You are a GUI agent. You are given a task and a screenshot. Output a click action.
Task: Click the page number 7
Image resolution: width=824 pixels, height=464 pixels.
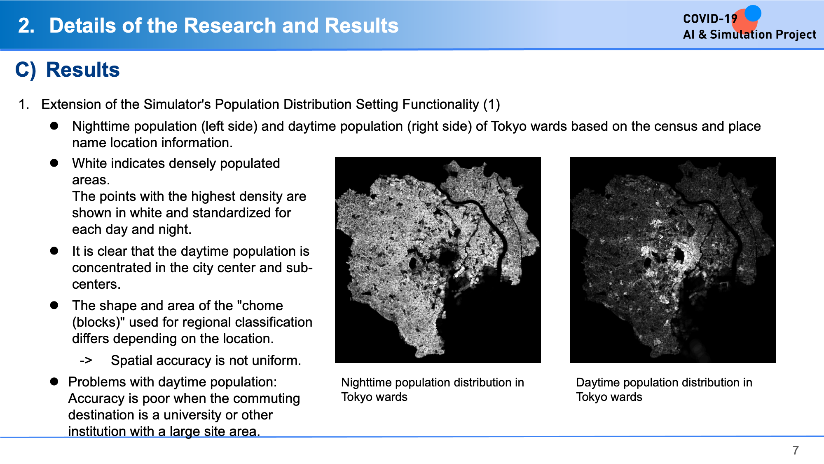click(x=796, y=450)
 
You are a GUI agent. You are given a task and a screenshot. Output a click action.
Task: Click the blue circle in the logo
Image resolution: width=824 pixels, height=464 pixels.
click(x=753, y=13)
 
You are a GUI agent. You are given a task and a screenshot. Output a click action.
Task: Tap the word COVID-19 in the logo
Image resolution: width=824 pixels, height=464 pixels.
click(x=710, y=19)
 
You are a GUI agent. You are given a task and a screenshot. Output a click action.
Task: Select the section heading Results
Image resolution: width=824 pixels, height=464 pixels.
click(x=83, y=70)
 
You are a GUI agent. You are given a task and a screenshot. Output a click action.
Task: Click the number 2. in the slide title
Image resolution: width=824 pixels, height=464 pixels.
click(x=26, y=26)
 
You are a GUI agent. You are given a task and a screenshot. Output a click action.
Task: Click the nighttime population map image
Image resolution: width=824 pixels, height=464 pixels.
click(x=438, y=260)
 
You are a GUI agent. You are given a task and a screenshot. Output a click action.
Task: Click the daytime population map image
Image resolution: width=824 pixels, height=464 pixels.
click(x=672, y=260)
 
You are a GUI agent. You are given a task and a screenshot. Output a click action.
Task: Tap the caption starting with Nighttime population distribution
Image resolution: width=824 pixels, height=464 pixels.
click(x=433, y=389)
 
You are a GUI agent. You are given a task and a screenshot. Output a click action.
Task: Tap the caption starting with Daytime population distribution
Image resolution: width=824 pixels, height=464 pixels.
click(x=664, y=389)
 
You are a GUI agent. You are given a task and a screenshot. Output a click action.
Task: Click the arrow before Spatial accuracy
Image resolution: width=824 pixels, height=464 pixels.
click(x=86, y=360)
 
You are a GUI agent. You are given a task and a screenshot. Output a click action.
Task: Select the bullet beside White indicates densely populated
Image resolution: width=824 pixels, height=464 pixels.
click(x=54, y=163)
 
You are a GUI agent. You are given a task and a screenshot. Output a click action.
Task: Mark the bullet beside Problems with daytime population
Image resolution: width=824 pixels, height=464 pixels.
click(x=54, y=382)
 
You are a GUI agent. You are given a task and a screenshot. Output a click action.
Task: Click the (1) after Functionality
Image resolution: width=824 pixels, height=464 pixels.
click(x=492, y=104)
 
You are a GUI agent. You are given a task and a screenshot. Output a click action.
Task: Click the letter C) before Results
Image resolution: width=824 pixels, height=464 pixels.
click(x=26, y=70)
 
